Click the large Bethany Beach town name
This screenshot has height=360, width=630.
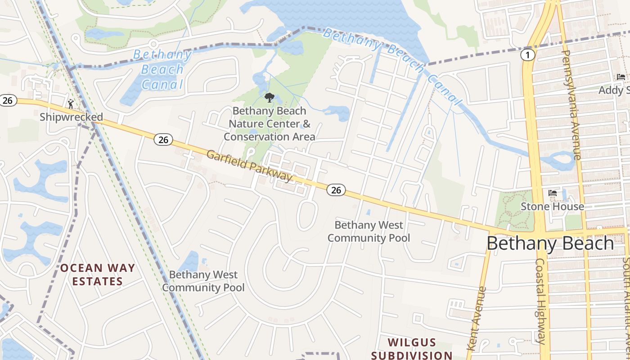(x=550, y=243)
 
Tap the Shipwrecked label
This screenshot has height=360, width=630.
(x=71, y=117)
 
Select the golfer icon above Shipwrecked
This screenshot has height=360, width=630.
(x=71, y=104)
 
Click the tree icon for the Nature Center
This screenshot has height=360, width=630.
(x=270, y=97)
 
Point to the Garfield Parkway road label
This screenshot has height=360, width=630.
(x=250, y=166)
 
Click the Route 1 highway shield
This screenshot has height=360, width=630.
(x=528, y=55)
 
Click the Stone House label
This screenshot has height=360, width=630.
(x=552, y=207)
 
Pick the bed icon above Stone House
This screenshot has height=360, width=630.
(x=553, y=193)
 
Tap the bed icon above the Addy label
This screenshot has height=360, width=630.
(x=621, y=77)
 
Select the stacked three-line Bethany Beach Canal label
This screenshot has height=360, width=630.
(x=162, y=69)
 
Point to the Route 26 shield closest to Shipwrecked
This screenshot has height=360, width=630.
(x=8, y=100)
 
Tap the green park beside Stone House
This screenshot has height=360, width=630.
(x=514, y=209)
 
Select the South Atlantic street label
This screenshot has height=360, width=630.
(x=626, y=306)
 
